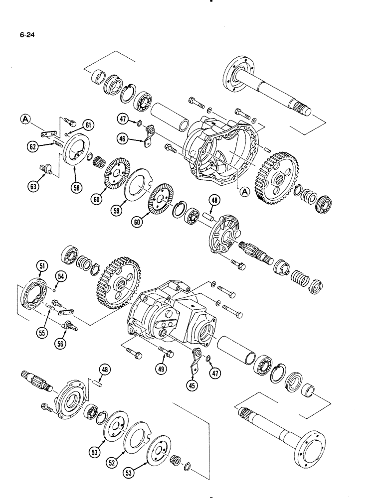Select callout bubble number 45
(x=191, y=385)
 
